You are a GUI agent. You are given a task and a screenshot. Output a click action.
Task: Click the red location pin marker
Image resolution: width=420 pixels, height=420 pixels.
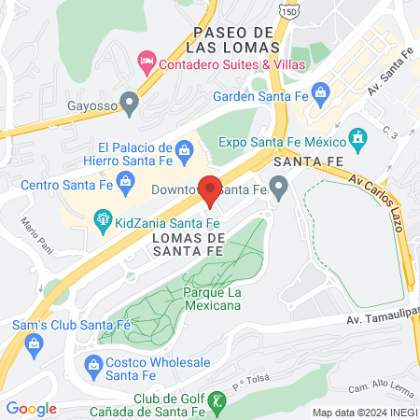(x=211, y=190)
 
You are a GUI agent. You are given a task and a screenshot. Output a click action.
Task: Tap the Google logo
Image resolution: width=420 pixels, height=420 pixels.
(x=31, y=408)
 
